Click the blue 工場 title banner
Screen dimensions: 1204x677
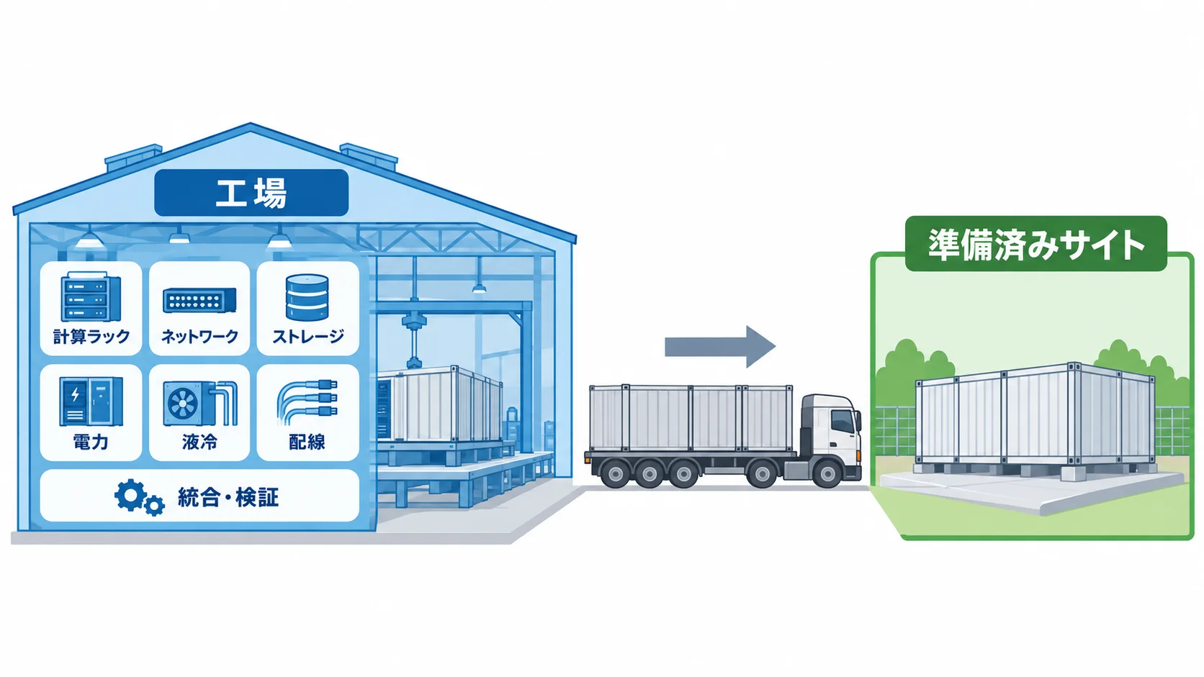pos(251,193)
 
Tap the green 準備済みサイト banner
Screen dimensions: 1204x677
pos(1035,244)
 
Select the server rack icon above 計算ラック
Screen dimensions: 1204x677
pos(91,297)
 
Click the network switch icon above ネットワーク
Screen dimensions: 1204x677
pos(199,301)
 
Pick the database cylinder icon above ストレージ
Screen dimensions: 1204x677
pos(307,297)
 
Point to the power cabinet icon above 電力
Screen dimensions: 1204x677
pos(91,401)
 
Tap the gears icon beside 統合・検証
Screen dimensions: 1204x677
pos(139,499)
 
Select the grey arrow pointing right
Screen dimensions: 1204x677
pos(720,347)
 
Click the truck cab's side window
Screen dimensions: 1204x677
pos(843,422)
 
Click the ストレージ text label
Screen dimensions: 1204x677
pos(307,337)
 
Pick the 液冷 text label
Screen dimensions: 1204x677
pos(199,442)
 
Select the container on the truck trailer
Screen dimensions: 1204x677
pos(691,418)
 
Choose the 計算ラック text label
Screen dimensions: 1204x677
pos(91,337)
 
